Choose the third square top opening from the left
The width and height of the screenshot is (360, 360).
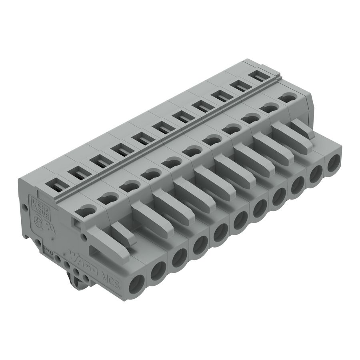98,162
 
